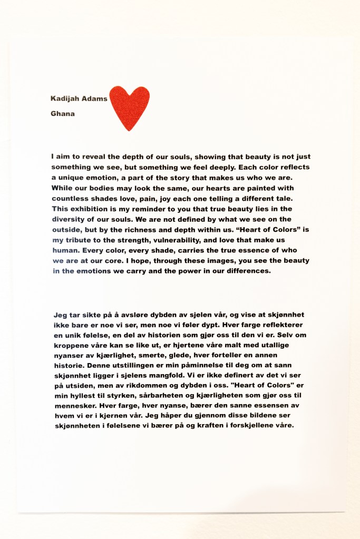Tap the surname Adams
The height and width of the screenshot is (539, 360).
pyautogui.click(x=94, y=98)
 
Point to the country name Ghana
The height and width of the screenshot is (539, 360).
pyautogui.click(x=62, y=113)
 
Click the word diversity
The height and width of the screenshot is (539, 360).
pyautogui.click(x=71, y=219)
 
